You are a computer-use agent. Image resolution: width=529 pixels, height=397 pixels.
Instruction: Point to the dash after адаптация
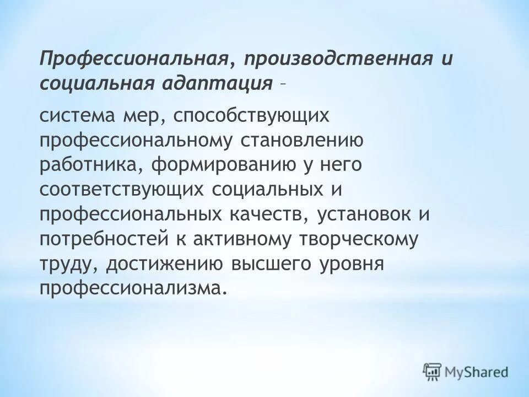point(282,84)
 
